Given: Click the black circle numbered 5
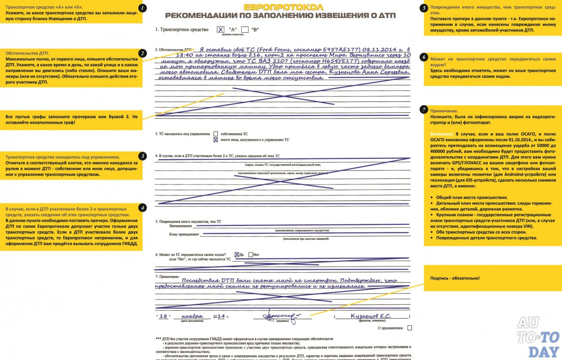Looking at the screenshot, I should pyautogui.click(x=424, y=8).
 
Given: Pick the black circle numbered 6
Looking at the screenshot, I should pyautogui.click(x=424, y=57).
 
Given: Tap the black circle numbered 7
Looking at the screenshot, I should pyautogui.click(x=424, y=109).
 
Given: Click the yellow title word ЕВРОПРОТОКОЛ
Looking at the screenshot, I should pyautogui.click(x=283, y=7).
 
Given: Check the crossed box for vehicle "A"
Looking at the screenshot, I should pyautogui.click(x=220, y=29).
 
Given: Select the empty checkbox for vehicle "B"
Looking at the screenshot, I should pyautogui.click(x=245, y=29).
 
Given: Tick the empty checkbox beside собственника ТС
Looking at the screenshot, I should pyautogui.click(x=216, y=133).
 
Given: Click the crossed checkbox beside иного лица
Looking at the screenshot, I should pyautogui.click(x=216, y=140).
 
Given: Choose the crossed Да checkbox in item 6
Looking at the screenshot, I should pyautogui.click(x=237, y=254).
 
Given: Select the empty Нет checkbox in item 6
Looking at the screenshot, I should pyautogui.click(x=251, y=254).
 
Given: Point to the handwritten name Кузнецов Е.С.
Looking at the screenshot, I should pyautogui.click(x=371, y=316).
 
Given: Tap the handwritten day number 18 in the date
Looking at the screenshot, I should pyautogui.click(x=164, y=316).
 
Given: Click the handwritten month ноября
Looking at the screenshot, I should pyautogui.click(x=193, y=316).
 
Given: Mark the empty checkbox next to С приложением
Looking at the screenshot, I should pyautogui.click(x=410, y=328).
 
